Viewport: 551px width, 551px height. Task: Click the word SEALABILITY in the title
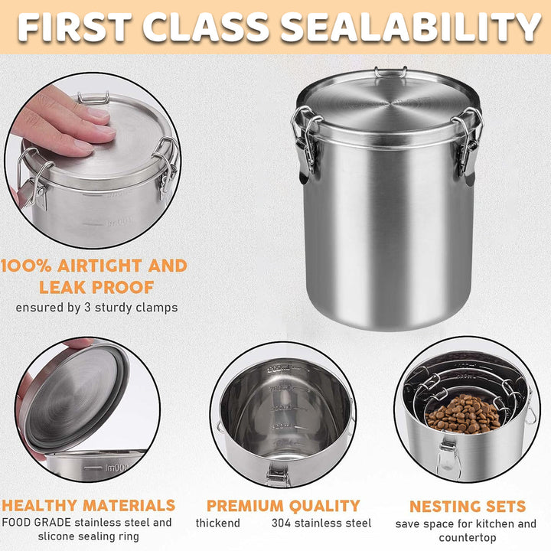(411, 28)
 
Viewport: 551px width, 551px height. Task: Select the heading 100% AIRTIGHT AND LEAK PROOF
(93, 276)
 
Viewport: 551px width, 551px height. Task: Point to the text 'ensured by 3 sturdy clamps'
(96, 308)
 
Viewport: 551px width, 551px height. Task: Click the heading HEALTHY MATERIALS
(88, 506)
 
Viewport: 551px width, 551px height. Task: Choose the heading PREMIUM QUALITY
(283, 506)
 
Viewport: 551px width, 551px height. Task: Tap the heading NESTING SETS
(467, 507)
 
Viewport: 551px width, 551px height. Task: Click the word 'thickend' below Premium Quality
(217, 523)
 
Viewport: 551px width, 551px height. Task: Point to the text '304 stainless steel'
(321, 523)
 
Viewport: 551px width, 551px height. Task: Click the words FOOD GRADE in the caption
(37, 523)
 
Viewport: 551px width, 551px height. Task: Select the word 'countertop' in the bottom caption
(466, 538)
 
